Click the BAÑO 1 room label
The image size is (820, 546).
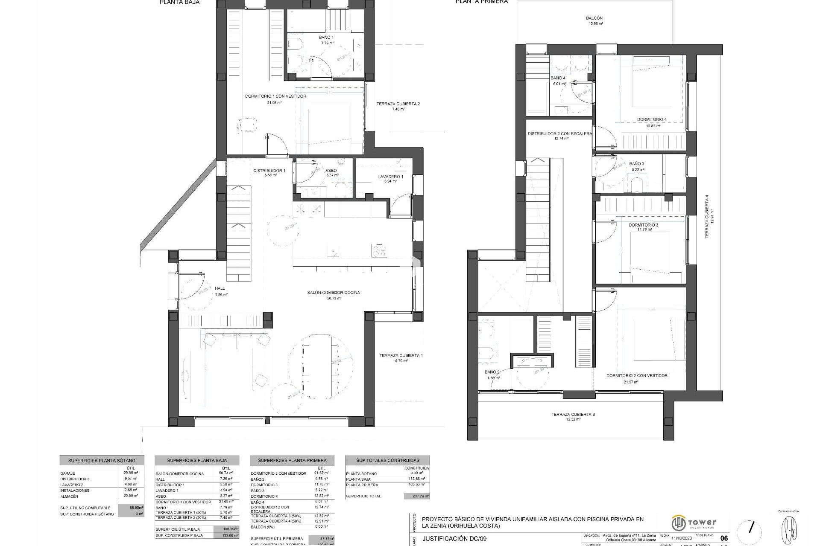tap(326, 38)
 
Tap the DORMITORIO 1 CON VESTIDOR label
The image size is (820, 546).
tap(275, 96)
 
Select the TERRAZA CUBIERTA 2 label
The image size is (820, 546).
tap(398, 104)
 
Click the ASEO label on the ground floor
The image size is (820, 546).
tap(331, 171)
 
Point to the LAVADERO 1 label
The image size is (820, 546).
tap(390, 177)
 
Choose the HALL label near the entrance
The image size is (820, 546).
tap(220, 288)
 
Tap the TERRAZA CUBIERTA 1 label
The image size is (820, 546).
tap(401, 355)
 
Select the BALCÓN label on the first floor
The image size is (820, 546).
tap(594, 18)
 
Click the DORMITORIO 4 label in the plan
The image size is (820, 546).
tap(652, 119)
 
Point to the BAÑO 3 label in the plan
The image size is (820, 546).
tap(637, 164)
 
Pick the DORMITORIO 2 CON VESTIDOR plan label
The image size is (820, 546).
tap(637, 376)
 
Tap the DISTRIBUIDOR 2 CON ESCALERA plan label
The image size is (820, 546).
tap(560, 134)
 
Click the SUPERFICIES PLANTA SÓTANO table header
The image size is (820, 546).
tap(102, 461)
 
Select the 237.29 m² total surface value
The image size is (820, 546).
tap(417, 496)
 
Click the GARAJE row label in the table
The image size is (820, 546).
tap(68, 473)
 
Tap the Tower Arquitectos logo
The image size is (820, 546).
tap(694, 523)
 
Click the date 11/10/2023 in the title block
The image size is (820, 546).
tap(681, 538)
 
